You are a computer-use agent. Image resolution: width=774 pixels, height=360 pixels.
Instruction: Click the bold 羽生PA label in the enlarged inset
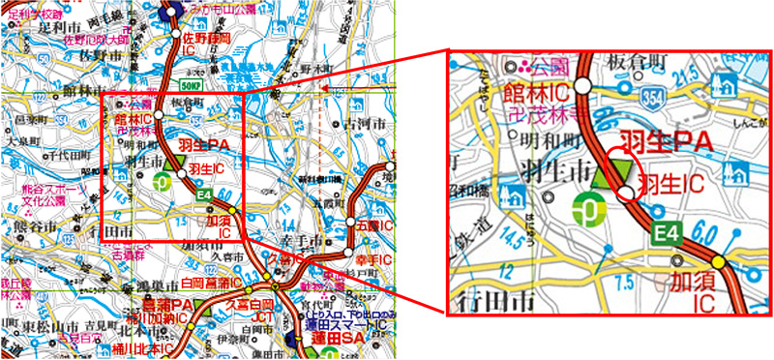click(667, 143)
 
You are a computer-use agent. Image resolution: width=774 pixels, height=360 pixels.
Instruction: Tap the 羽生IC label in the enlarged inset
click(670, 180)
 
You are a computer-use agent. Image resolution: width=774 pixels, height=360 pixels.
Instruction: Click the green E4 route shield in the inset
click(665, 232)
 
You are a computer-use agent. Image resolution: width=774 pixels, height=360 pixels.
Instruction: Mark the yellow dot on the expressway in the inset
click(718, 261)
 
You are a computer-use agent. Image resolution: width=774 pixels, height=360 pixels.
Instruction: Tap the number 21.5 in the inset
click(693, 73)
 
